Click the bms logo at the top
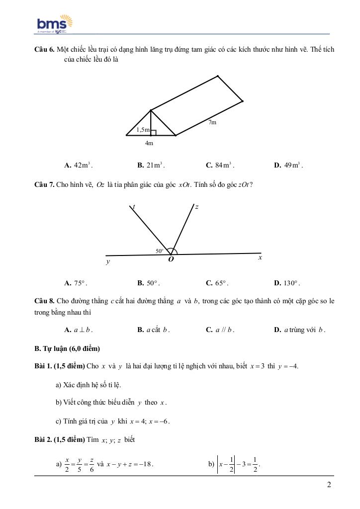point(55,24)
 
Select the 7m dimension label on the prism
point(212,122)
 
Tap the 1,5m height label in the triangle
point(143,130)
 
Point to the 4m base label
point(149,143)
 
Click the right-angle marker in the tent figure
point(154,132)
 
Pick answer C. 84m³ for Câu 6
point(220,165)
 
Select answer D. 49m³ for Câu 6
point(288,165)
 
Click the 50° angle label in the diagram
point(160,251)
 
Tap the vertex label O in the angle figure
point(171,259)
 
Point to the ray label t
point(134,206)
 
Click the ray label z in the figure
point(197,206)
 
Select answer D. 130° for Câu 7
point(287,283)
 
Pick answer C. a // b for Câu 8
point(220,330)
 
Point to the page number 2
point(329,485)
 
